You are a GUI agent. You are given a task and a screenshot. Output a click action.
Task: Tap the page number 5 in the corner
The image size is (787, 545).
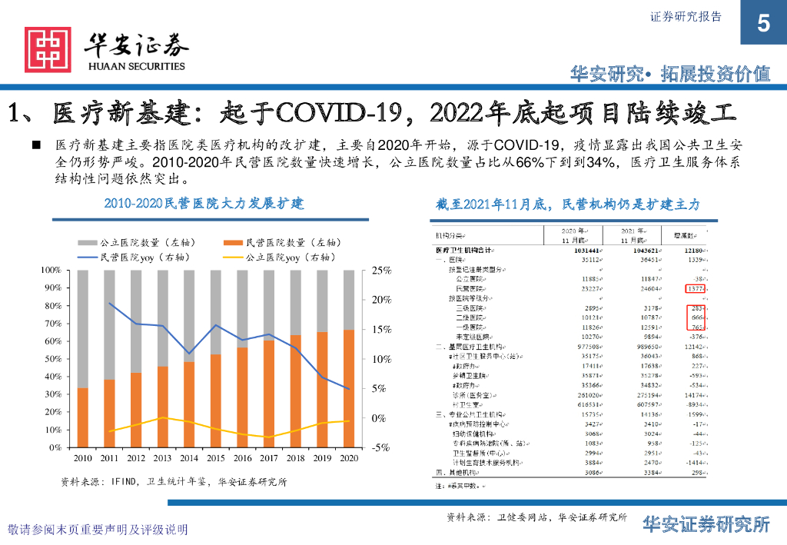(762, 24)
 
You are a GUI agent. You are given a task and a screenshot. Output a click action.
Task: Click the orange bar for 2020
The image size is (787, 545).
(349, 388)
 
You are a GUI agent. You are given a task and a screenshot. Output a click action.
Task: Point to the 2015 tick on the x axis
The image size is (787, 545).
(216, 459)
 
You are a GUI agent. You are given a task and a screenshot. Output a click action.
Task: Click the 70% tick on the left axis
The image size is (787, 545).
(51, 324)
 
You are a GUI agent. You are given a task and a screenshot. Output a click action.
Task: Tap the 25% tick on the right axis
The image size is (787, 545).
(381, 271)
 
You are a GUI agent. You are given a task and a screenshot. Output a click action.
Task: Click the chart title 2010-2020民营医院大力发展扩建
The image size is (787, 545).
(204, 204)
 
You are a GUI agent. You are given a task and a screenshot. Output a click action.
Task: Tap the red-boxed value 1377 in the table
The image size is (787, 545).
(694, 289)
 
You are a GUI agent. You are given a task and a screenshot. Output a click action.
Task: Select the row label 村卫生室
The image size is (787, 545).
(467, 404)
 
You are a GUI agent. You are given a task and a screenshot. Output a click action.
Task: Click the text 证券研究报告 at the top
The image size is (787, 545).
(686, 17)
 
